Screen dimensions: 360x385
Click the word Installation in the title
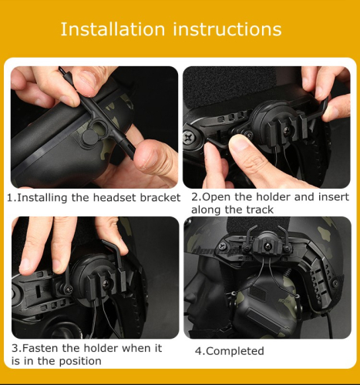[x=113, y=29]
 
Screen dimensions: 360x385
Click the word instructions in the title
[x=227, y=29]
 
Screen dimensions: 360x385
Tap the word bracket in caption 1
[x=160, y=198]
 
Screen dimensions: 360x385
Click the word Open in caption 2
[x=216, y=197]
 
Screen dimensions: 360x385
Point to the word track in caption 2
[x=260, y=209]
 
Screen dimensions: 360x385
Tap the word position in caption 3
[x=80, y=361]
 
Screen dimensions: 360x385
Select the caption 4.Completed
[x=229, y=351]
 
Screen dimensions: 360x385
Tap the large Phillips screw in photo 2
[x=190, y=137]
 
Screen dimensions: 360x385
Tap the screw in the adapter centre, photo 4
[x=269, y=247]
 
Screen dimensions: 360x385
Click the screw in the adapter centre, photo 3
[x=106, y=283]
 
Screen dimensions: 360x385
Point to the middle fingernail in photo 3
[x=57, y=266]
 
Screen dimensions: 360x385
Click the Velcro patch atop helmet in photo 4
[x=260, y=225]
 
